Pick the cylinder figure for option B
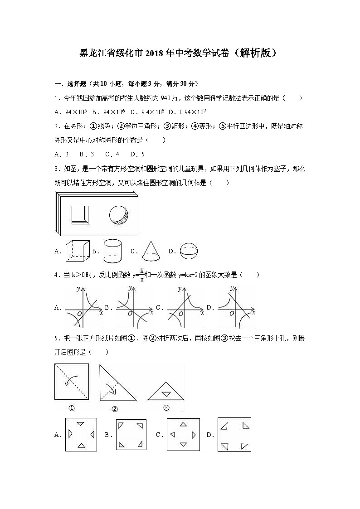pyautogui.click(x=112, y=251)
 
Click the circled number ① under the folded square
pyautogui.click(x=71, y=408)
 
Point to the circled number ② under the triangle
pyautogui.click(x=114, y=409)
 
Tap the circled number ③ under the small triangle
pyautogui.click(x=166, y=407)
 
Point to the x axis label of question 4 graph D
pyautogui.click(x=253, y=313)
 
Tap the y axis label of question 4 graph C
pyautogui.click(x=180, y=289)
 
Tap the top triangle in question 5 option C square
pyautogui.click(x=183, y=424)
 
